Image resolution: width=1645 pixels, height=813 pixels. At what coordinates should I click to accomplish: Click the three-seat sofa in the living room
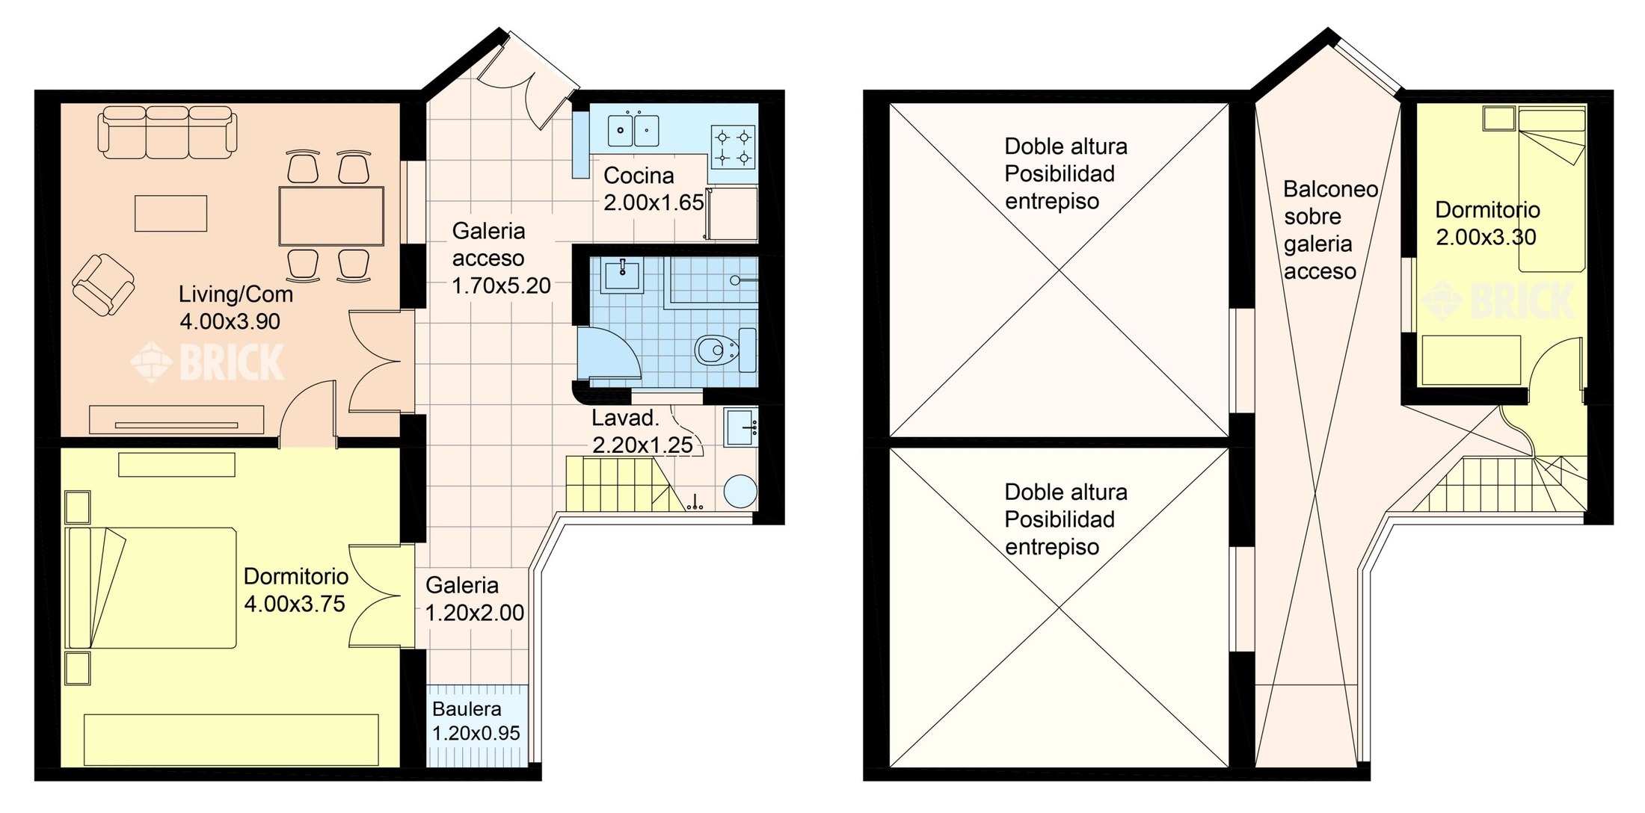pos(167,132)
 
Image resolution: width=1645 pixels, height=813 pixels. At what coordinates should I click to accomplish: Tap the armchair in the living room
pos(103,285)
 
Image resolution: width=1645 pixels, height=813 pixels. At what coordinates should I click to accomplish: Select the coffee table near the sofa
pos(170,213)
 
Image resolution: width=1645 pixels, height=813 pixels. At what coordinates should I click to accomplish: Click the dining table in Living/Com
pos(331,216)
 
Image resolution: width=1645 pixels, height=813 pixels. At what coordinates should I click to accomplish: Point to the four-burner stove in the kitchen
pos(733,147)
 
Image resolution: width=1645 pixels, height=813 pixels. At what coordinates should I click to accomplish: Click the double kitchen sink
pos(633,129)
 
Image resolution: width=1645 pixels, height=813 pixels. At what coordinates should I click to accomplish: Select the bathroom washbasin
pos(622,276)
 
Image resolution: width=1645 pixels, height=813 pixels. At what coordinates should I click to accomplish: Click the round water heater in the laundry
pos(740,492)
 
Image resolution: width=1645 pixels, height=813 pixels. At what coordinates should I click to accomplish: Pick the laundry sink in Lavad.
pos(740,427)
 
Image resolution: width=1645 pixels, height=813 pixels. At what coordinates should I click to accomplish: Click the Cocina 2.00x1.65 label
pos(654,189)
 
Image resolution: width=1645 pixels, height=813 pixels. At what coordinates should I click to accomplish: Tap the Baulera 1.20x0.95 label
pos(476,721)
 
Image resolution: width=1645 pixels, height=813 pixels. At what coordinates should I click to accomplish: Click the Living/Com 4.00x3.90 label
pos(236,307)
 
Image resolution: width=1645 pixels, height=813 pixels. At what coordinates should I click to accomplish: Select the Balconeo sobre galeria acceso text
pos(1330,230)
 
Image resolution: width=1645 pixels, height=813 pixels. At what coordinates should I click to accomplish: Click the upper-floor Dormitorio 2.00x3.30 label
pos(1486,223)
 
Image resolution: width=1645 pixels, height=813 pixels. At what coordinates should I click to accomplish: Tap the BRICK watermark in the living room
pos(208,362)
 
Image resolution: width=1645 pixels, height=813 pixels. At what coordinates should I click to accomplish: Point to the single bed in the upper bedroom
pos(1552,191)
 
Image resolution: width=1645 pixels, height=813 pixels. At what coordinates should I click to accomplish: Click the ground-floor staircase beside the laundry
pos(621,484)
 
